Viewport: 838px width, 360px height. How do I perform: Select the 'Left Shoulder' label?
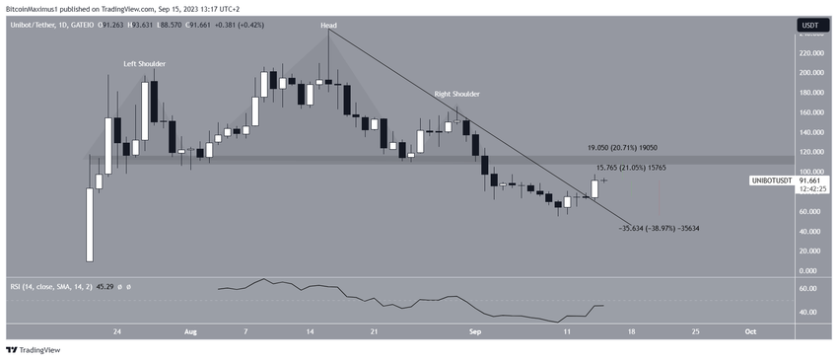pyautogui.click(x=144, y=63)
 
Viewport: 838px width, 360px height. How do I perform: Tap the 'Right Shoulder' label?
pyautogui.click(x=457, y=94)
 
